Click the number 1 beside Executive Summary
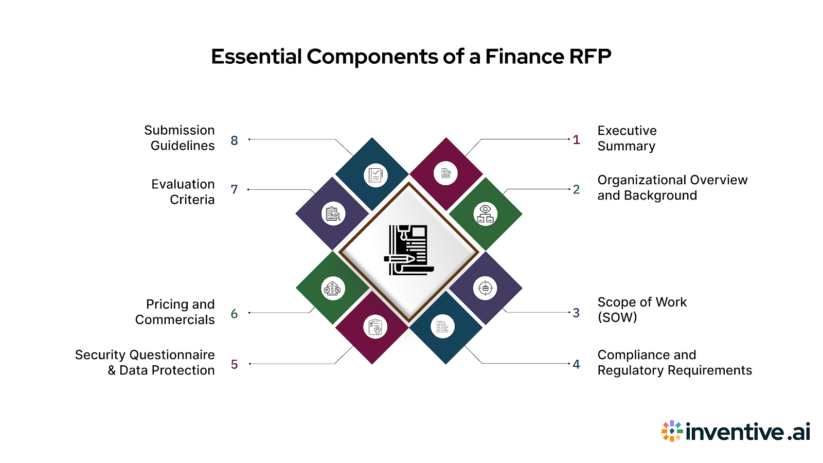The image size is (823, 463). click(x=576, y=140)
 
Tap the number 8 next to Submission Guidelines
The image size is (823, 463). click(x=234, y=140)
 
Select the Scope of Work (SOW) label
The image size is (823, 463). click(x=641, y=310)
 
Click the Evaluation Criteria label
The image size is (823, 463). click(x=183, y=192)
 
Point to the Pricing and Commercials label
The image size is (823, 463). click(x=175, y=312)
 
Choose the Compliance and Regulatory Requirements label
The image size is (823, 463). click(x=674, y=363)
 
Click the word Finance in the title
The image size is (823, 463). click(x=517, y=57)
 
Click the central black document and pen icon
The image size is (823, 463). click(x=409, y=250)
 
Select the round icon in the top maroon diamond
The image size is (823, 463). click(x=445, y=173)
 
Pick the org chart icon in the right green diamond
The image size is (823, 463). click(x=485, y=214)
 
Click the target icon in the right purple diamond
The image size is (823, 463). click(x=485, y=288)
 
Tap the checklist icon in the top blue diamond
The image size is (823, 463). click(x=375, y=175)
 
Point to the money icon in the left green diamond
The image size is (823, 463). click(x=333, y=289)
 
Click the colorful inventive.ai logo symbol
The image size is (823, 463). click(x=672, y=431)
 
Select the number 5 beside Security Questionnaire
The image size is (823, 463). click(x=234, y=365)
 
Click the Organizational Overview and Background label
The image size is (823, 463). click(x=672, y=188)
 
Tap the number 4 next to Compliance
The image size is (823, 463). click(x=576, y=364)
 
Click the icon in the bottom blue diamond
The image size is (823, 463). click(x=442, y=326)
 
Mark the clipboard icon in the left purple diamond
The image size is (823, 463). click(x=333, y=213)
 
